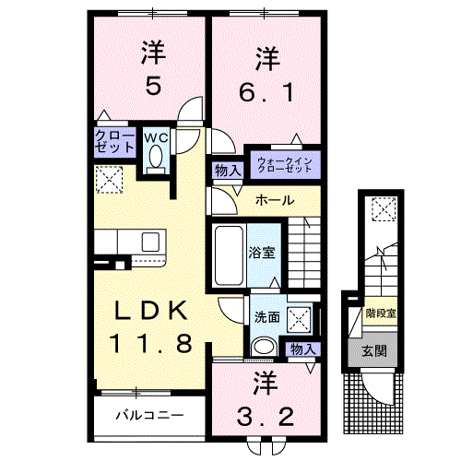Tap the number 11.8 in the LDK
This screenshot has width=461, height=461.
pyautogui.click(x=151, y=345)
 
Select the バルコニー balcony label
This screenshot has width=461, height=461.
pyautogui.click(x=148, y=415)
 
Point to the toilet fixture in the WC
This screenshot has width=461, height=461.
pyautogui.click(x=154, y=161)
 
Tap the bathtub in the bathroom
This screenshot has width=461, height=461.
pyautogui.click(x=228, y=247)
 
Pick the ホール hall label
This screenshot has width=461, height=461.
pyautogui.click(x=275, y=200)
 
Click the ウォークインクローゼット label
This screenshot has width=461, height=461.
pyautogui.click(x=285, y=164)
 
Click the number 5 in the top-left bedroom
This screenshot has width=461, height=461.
pyautogui.click(x=151, y=87)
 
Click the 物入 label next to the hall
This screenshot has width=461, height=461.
pyautogui.click(x=228, y=170)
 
